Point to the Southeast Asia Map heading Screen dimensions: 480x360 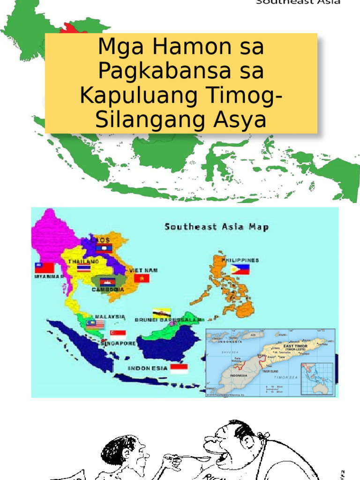[x=217, y=227]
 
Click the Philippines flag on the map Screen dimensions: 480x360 [x=240, y=270]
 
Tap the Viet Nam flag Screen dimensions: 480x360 [x=142, y=278]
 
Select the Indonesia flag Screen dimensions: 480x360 [x=179, y=368]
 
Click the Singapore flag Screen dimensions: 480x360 [x=118, y=334]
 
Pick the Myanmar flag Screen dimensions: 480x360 [x=45, y=268]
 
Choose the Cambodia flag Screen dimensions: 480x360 [x=107, y=282]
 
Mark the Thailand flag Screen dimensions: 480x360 [x=84, y=268]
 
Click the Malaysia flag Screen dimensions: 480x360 [x=95, y=324]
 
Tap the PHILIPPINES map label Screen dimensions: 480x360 [x=240, y=260]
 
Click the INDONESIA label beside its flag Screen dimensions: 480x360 [x=148, y=368]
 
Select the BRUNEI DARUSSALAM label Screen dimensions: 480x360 [x=168, y=320]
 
